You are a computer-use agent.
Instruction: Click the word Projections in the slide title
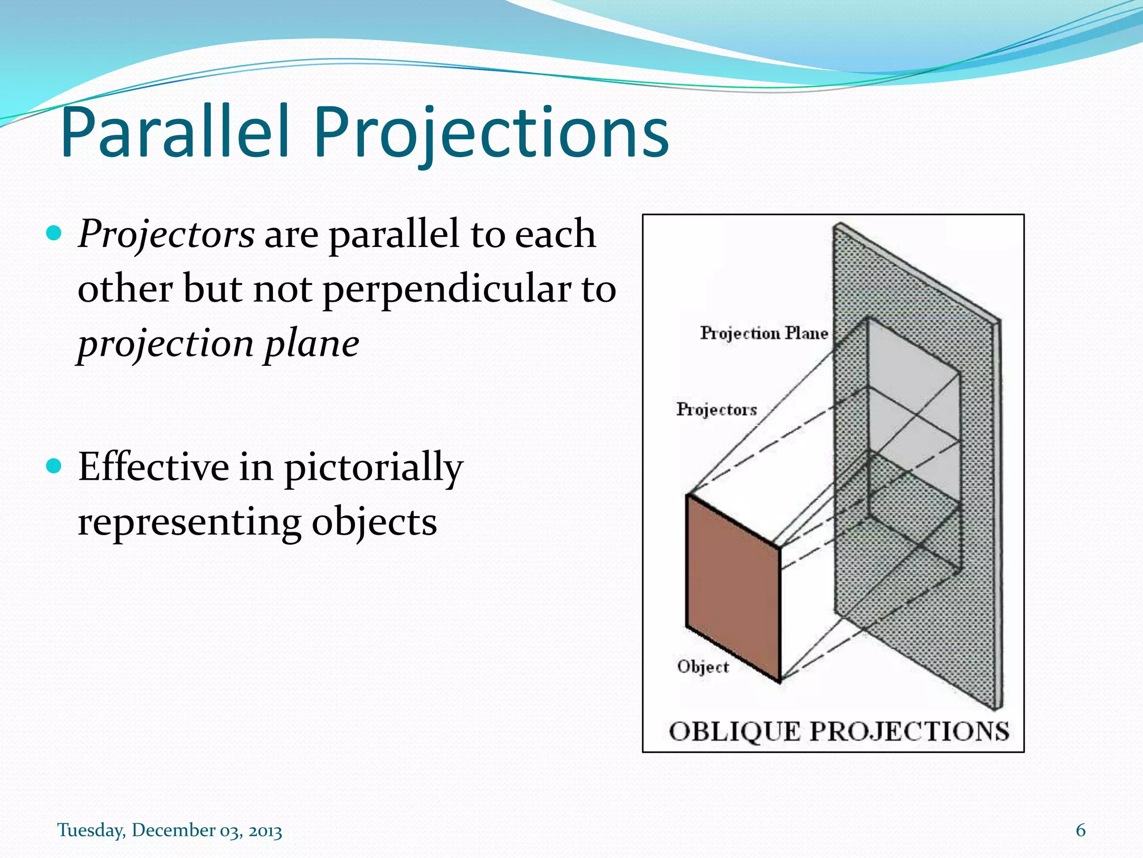[491, 134]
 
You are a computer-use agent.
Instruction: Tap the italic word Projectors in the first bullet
[166, 234]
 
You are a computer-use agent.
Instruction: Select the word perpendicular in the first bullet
[446, 290]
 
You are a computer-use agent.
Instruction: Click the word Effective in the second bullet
[153, 467]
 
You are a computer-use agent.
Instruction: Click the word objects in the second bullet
[373, 522]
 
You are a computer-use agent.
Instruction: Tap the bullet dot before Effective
[54, 465]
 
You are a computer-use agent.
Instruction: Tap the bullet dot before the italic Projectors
[54, 232]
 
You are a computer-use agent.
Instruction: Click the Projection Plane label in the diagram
[763, 333]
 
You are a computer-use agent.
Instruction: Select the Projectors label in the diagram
[717, 409]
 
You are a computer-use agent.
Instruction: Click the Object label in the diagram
[703, 666]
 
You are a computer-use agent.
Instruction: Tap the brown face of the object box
[732, 587]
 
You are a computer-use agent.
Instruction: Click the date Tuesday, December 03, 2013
[170, 830]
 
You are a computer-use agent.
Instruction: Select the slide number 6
[1080, 830]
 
